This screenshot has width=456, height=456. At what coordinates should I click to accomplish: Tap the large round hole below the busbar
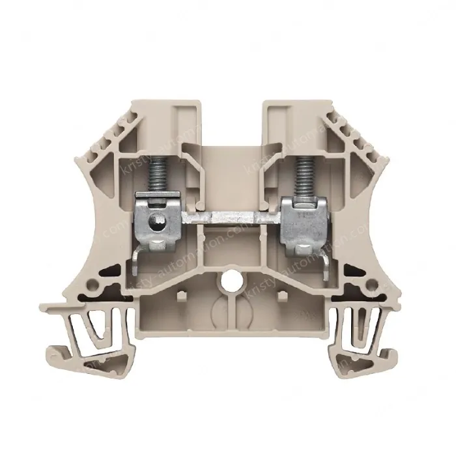pyautogui.click(x=229, y=281)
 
